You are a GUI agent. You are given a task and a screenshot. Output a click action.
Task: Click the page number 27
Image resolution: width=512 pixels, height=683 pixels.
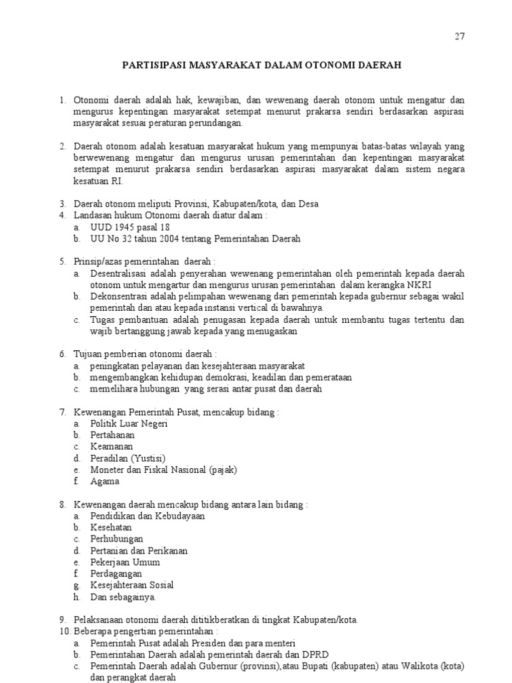coord(459,37)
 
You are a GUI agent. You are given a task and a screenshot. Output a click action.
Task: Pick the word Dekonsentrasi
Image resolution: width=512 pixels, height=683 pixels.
coord(121,296)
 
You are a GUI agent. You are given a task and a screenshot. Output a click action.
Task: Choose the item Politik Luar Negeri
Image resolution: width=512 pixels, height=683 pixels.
coord(129,424)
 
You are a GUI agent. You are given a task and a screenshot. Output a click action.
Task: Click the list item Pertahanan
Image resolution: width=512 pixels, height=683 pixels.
coord(113,435)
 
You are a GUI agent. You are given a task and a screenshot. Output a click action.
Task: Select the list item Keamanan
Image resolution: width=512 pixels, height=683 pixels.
coord(112,446)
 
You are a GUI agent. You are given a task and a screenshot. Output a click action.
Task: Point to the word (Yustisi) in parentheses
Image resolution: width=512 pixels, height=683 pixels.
coord(147,458)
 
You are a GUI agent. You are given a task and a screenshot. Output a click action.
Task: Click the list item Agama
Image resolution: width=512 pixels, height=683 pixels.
coord(105,481)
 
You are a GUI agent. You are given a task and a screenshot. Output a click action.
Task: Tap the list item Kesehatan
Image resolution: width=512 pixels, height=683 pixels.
coord(111,527)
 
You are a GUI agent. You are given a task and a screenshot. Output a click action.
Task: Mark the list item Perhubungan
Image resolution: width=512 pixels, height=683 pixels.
coord(117,538)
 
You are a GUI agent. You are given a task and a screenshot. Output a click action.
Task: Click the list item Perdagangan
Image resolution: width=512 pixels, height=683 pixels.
coord(117,573)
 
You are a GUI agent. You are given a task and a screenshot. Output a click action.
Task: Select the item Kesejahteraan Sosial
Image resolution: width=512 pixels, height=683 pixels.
coord(132,585)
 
